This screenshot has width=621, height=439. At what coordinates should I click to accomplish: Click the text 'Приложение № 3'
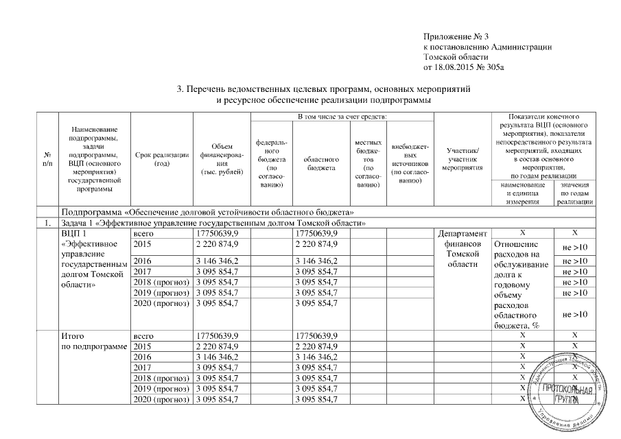[456, 36]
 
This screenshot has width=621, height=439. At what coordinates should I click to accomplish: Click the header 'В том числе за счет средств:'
[340, 117]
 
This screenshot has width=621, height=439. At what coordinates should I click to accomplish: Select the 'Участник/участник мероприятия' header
[462, 158]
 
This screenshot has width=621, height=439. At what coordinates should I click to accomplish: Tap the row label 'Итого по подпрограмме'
[93, 341]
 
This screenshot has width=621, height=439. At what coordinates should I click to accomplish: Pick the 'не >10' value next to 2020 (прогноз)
[575, 314]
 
